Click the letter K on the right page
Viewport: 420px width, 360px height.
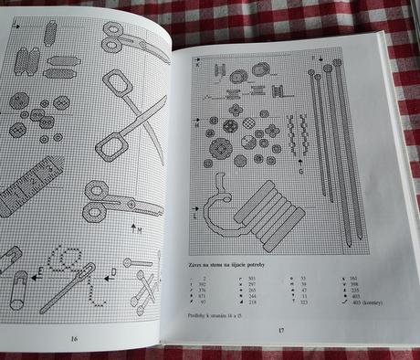197,65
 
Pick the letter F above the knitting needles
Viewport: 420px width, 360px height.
312,58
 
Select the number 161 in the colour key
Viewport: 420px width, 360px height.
351,273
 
